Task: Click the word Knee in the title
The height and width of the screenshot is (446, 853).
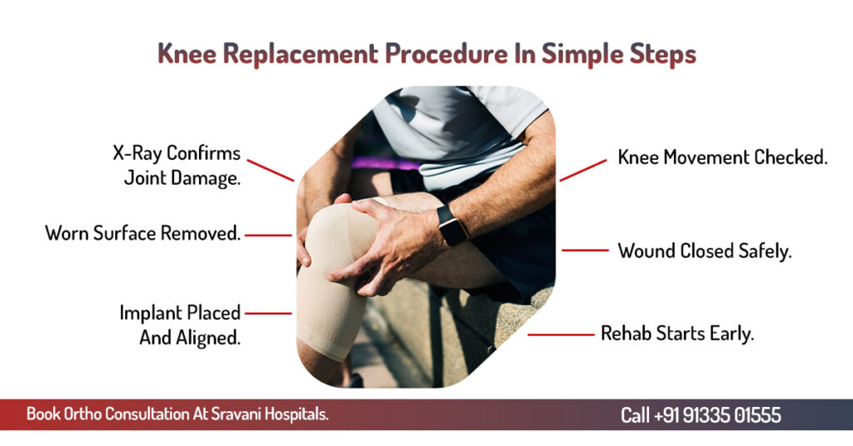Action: pyautogui.click(x=187, y=54)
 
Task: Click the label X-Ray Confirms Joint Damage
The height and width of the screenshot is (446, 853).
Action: pyautogui.click(x=177, y=166)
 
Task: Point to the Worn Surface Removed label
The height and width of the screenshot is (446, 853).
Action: pyautogui.click(x=143, y=234)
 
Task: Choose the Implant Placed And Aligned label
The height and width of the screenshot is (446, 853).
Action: pyautogui.click(x=180, y=325)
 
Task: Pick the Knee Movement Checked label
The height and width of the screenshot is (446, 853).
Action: pyautogui.click(x=722, y=157)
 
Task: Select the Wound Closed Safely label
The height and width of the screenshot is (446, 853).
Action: pyautogui.click(x=705, y=251)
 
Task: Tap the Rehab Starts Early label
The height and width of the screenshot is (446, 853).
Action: pyautogui.click(x=677, y=334)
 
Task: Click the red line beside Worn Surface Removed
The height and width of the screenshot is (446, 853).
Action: pyautogui.click(x=268, y=235)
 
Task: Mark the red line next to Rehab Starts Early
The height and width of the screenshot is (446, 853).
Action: pyautogui.click(x=561, y=334)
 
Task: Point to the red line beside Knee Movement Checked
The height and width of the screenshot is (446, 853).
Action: pyautogui.click(x=583, y=170)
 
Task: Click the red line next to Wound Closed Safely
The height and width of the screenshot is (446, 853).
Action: pyautogui.click(x=585, y=250)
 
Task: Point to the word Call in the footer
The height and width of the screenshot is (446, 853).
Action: pyautogui.click(x=635, y=415)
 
